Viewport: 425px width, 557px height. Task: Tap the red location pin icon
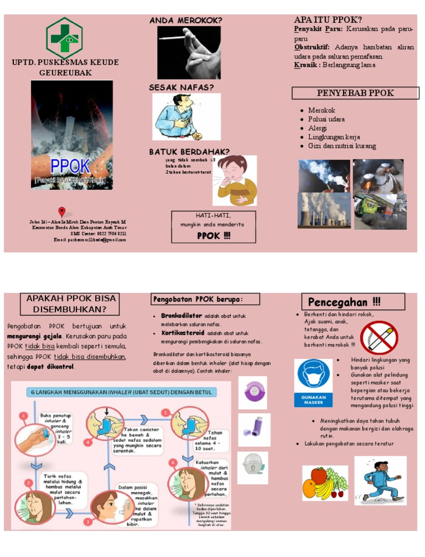click(x=62, y=212)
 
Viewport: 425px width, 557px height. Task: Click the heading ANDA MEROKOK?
click(x=186, y=20)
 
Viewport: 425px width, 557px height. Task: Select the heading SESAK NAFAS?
click(x=181, y=87)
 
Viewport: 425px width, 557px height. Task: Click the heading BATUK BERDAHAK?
click(x=189, y=151)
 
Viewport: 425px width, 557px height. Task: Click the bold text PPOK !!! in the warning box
click(x=214, y=235)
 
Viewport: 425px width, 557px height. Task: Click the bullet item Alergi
click(x=318, y=128)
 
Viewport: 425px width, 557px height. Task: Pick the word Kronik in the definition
click(x=305, y=65)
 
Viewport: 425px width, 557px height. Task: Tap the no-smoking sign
click(x=379, y=337)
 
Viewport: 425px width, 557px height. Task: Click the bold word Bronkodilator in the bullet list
click(x=182, y=316)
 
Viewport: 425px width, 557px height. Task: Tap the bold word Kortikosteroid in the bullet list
click(x=183, y=333)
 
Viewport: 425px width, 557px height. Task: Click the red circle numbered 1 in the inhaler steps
click(x=24, y=415)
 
